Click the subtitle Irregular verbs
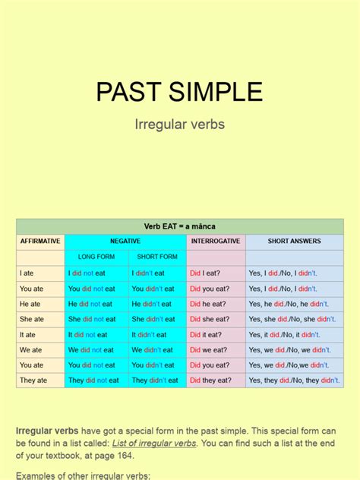[179, 124]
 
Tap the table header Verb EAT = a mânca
[179, 226]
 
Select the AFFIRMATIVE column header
[40, 242]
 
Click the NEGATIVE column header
[125, 242]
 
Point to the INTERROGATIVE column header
[216, 242]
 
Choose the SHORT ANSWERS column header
[294, 242]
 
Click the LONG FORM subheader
[96, 257]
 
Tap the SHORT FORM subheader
[157, 257]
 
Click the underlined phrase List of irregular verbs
[154, 443]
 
